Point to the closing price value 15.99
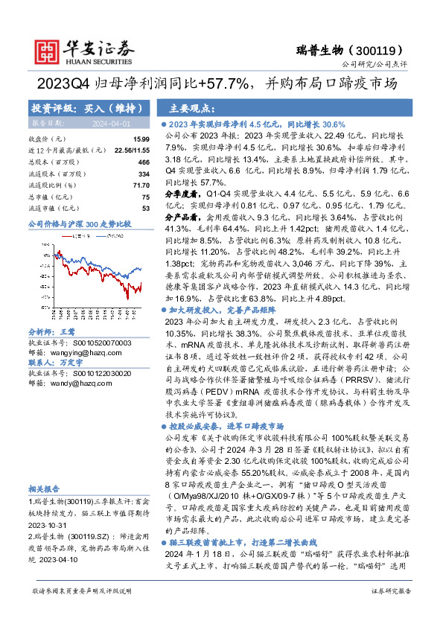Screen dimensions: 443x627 pyautogui.click(x=141, y=139)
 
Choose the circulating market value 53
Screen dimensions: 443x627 pyautogui.click(x=145, y=208)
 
